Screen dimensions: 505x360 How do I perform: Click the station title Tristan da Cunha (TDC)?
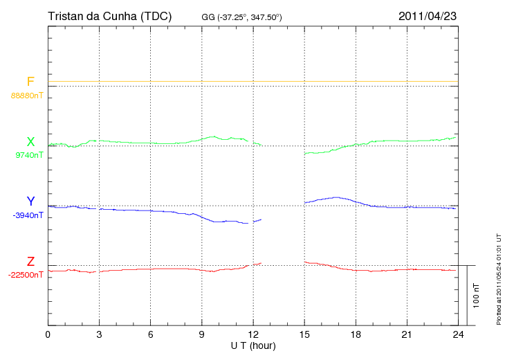coord(109,16)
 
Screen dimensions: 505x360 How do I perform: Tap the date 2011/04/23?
coord(428,16)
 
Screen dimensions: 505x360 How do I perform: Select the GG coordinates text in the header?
coord(241,17)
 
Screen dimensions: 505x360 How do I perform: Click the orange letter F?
coord(30,82)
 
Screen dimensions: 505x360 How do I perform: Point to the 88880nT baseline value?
coord(27,96)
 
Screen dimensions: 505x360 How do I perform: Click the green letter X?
coord(30,142)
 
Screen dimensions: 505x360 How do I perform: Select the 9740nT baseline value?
coord(29,155)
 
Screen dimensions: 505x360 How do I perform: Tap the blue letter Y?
coord(30,201)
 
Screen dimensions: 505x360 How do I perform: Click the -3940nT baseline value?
coord(28,215)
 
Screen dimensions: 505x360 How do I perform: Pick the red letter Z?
coord(30,262)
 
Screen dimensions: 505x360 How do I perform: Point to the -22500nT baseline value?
coord(26,275)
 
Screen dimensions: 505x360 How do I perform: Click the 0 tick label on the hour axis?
coord(48,334)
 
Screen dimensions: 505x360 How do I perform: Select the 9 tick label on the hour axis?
coord(201,334)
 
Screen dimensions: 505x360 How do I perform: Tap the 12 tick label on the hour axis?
coord(253,334)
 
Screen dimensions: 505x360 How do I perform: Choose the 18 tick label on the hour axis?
coord(356,334)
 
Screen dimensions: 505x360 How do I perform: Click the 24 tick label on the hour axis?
coord(458,334)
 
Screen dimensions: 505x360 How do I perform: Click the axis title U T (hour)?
coord(253,346)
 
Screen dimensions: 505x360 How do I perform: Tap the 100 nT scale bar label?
coord(476,296)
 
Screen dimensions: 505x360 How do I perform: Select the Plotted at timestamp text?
coord(499,279)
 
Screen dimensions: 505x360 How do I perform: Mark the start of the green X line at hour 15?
coord(304,154)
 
